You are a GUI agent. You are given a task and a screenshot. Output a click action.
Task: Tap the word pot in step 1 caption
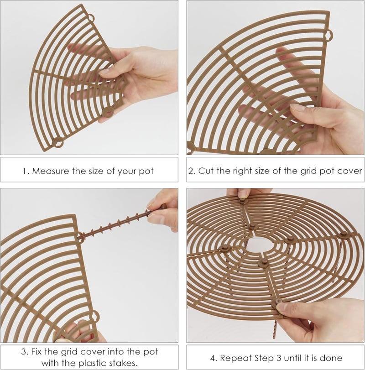146,172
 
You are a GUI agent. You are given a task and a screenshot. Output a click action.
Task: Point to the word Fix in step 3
36,352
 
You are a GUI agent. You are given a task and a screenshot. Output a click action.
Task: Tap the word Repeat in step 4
236,359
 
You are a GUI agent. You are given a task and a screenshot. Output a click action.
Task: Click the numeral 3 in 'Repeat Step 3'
279,358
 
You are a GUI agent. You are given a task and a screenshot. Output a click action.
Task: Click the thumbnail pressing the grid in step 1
104,72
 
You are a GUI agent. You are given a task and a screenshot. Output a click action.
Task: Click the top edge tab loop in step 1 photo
91,18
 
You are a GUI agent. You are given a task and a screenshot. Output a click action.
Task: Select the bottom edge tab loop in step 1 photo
57,142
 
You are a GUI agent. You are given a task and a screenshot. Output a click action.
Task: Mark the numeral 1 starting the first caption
25,171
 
